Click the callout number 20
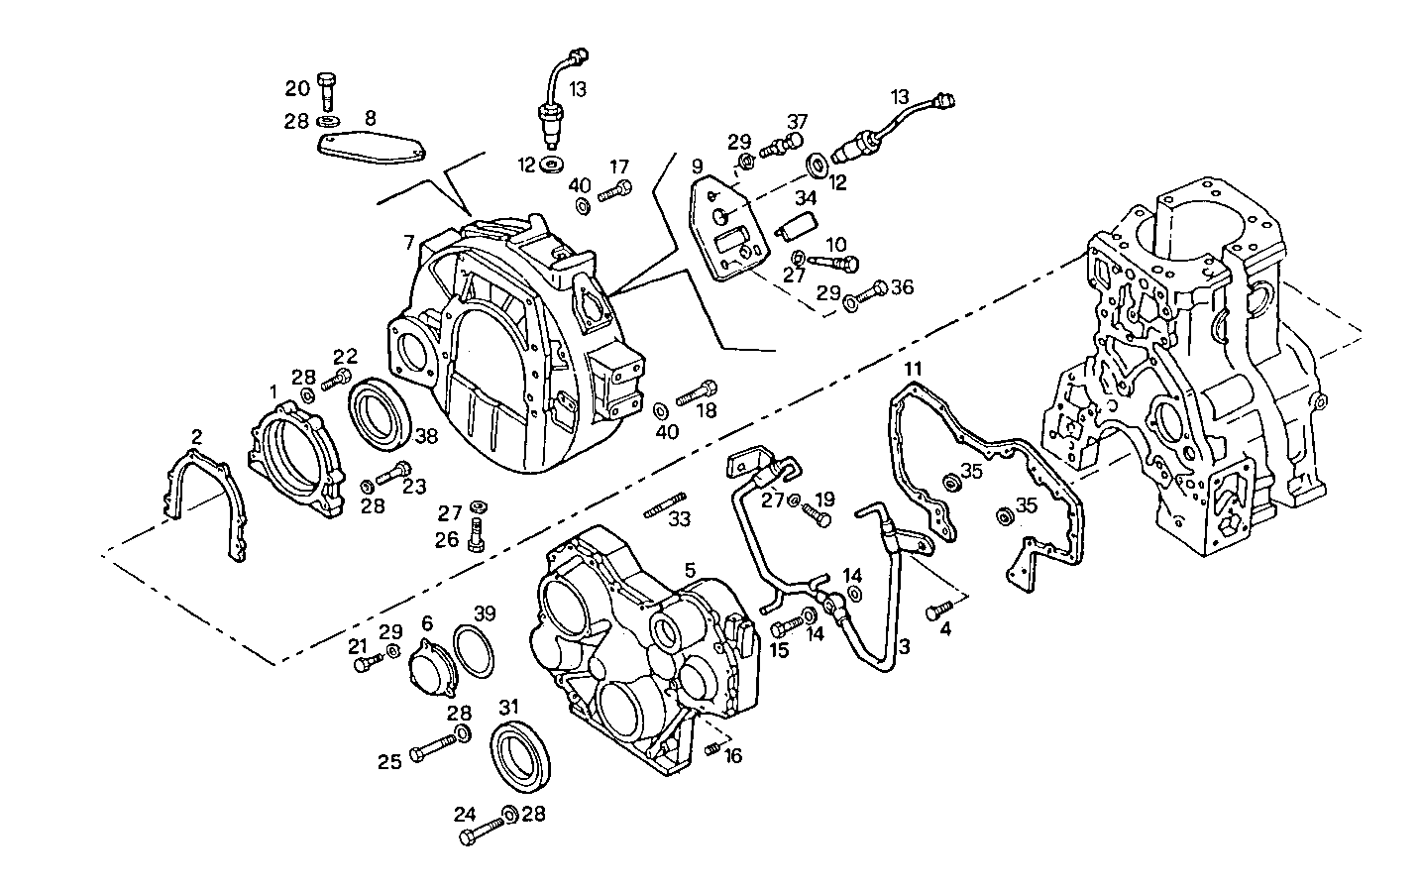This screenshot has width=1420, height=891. pyautogui.click(x=297, y=89)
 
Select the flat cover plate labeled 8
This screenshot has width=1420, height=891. pyautogui.click(x=372, y=148)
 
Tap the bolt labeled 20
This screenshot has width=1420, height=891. pyautogui.click(x=328, y=90)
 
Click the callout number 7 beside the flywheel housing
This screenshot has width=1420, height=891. pyautogui.click(x=408, y=242)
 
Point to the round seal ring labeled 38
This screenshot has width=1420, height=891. pyautogui.click(x=378, y=410)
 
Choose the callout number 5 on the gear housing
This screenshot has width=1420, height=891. pyautogui.click(x=690, y=570)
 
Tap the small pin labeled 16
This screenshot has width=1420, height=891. pyautogui.click(x=710, y=750)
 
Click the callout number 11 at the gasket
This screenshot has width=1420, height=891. pyautogui.click(x=913, y=369)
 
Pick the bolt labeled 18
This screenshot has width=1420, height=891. pyautogui.click(x=696, y=393)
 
